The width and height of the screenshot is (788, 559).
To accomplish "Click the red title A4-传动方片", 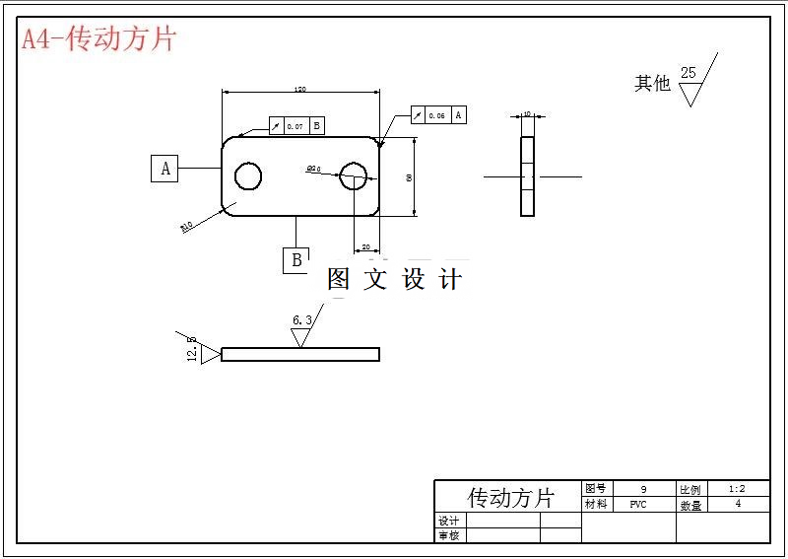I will click(98, 39).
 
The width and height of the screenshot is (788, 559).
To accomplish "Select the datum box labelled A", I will click(164, 169).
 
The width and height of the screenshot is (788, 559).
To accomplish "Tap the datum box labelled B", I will click(296, 260).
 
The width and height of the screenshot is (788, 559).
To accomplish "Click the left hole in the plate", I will click(247, 176).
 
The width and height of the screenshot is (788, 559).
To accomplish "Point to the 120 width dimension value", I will click(300, 90).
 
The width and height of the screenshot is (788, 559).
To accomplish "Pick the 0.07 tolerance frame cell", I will click(295, 126).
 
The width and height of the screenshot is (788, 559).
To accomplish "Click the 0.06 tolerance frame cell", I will click(436, 115).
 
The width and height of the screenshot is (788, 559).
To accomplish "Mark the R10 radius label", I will click(186, 225).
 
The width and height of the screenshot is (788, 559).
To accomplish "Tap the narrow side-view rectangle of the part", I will click(528, 176).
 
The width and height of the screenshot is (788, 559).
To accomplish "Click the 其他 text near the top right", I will click(652, 84).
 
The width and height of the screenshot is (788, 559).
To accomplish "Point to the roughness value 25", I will click(688, 73).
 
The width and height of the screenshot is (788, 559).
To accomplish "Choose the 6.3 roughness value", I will click(302, 320).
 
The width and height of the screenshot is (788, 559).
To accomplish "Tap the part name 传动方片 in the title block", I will click(509, 497).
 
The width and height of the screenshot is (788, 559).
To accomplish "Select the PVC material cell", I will click(638, 505).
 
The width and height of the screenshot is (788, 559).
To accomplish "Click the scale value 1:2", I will click(737, 489).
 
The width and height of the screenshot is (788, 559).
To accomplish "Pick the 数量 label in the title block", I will click(690, 505).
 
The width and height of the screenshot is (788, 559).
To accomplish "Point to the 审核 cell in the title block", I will click(448, 535).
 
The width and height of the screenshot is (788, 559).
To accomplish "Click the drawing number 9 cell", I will click(643, 489).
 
